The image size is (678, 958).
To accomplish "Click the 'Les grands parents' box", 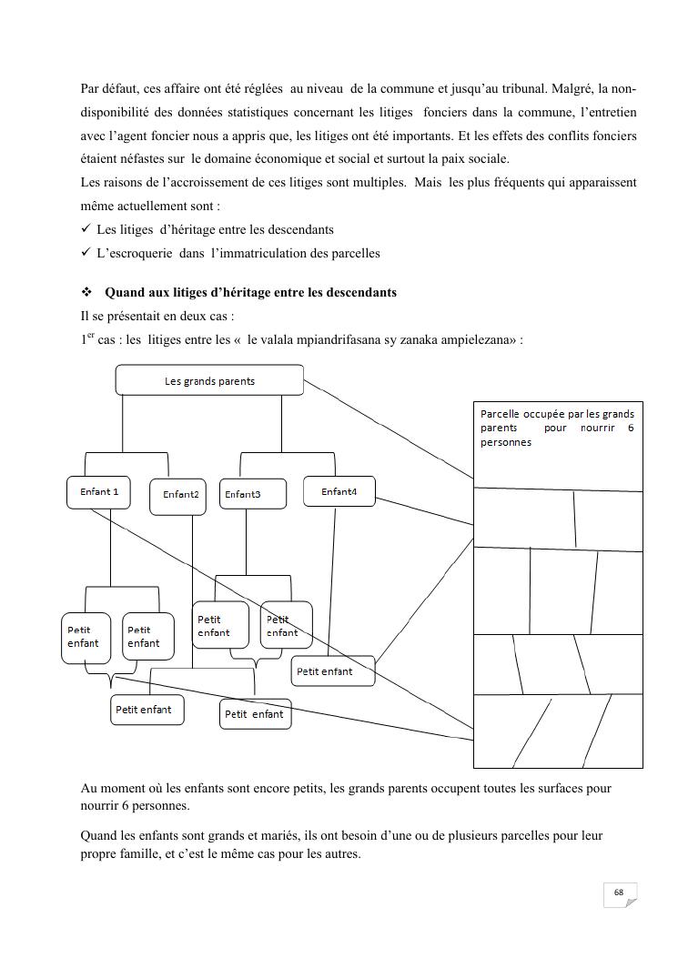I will point(209,380).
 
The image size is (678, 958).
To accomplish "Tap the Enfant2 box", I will point(180,495).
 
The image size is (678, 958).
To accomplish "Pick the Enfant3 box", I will point(252,494).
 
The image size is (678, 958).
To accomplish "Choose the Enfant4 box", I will point(339,492).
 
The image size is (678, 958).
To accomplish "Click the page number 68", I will point(619,892).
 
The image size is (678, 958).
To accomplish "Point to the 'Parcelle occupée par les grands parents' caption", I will point(557,428).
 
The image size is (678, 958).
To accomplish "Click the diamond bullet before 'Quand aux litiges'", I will point(88,293).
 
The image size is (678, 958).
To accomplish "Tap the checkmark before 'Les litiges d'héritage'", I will point(86,230).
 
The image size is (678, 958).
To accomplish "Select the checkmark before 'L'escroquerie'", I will point(86,253).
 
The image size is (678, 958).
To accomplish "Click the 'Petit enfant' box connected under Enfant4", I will point(333,671).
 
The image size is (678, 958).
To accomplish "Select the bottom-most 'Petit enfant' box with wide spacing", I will point(254,714).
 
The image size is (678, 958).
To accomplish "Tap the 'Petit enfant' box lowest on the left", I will point(147,710).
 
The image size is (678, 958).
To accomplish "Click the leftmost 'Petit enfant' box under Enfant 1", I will point(84,636).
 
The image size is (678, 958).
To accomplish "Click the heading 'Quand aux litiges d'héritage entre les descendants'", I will point(250,293).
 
